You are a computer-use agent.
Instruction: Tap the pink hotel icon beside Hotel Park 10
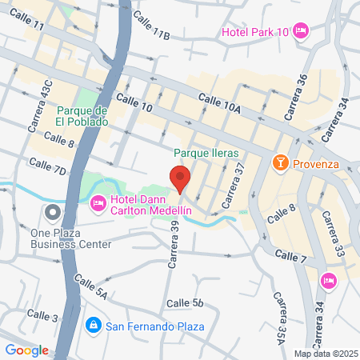(x=301, y=31)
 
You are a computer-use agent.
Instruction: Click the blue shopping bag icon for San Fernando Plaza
(x=93, y=326)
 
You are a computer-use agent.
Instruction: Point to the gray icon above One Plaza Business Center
(x=53, y=213)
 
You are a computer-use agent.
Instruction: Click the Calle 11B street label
(x=152, y=26)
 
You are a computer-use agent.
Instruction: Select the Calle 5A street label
(x=90, y=286)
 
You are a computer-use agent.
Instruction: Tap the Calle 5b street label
(x=186, y=303)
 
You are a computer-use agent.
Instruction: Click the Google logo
(x=26, y=350)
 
